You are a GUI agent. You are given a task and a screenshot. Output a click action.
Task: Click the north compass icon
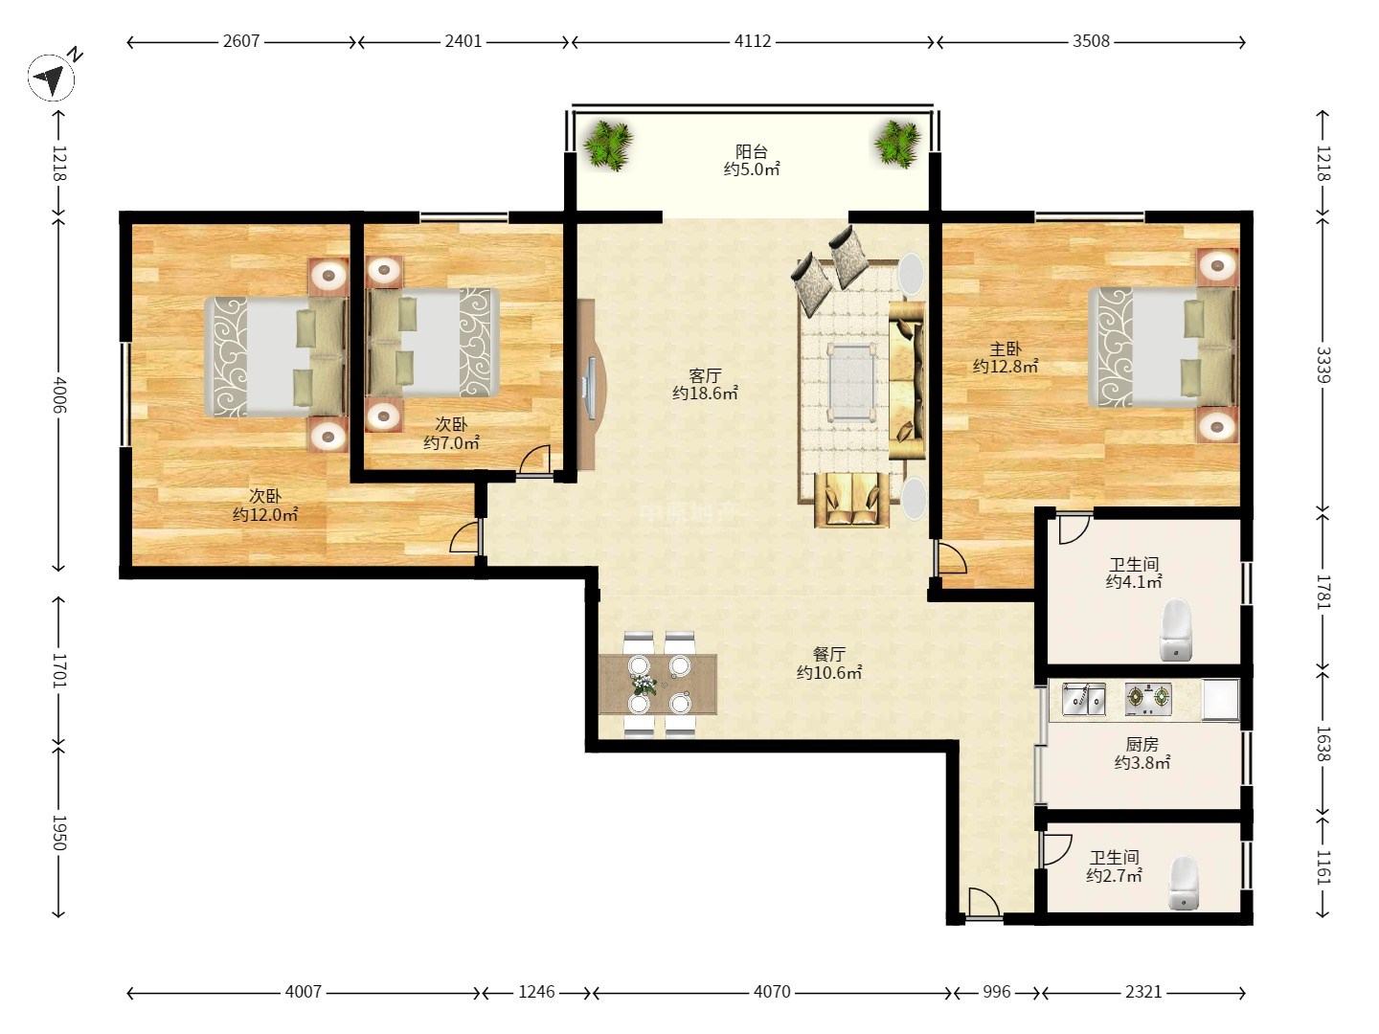pyautogui.click(x=52, y=78)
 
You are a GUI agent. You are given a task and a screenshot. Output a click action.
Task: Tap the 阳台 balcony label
pyautogui.click(x=752, y=151)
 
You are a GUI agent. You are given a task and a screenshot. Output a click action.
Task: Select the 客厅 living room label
pyautogui.click(x=705, y=375)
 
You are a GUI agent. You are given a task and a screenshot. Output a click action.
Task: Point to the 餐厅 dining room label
pyautogui.click(x=828, y=654)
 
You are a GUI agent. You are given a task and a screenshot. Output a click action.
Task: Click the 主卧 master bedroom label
pyautogui.click(x=1006, y=348)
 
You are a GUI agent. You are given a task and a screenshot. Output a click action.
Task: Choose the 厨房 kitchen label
pyautogui.click(x=1142, y=745)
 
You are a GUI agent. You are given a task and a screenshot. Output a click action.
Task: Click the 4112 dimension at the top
pyautogui.click(x=753, y=41)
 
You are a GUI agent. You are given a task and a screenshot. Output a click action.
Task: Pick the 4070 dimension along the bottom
pyautogui.click(x=772, y=991)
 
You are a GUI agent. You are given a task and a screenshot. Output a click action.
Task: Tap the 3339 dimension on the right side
pyautogui.click(x=1322, y=365)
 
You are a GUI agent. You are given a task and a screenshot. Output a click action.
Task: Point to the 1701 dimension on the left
pyautogui.click(x=58, y=670)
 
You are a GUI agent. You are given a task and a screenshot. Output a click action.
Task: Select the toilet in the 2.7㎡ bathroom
pyautogui.click(x=1184, y=883)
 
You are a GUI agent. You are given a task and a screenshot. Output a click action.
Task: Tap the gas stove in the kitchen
pyautogui.click(x=1148, y=699)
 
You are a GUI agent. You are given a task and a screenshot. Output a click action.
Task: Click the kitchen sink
pyautogui.click(x=1084, y=699)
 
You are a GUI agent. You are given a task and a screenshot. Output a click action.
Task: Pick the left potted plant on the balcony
pyautogui.click(x=607, y=146)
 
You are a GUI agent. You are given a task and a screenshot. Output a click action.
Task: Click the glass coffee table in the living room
pyautogui.click(x=850, y=381)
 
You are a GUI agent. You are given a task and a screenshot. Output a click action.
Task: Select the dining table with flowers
pyautogui.click(x=658, y=685)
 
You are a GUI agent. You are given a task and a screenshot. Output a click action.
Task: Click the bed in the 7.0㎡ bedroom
pyautogui.click(x=432, y=342)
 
